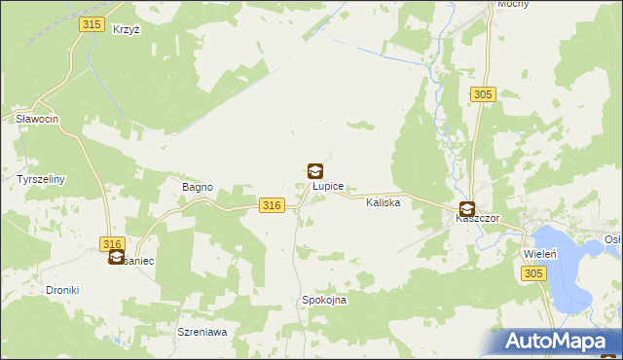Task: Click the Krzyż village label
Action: (x=127, y=30)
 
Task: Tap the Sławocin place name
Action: (x=38, y=119)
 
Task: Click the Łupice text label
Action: (x=326, y=185)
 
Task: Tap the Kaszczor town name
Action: (x=477, y=219)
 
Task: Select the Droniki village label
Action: (x=62, y=290)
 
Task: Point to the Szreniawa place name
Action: (x=202, y=332)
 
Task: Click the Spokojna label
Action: (x=324, y=301)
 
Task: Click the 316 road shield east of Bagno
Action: (x=273, y=205)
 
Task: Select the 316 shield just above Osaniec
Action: (x=113, y=244)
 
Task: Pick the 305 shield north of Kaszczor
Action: (x=484, y=94)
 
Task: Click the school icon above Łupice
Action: (x=315, y=170)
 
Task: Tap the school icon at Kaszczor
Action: (x=467, y=208)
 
